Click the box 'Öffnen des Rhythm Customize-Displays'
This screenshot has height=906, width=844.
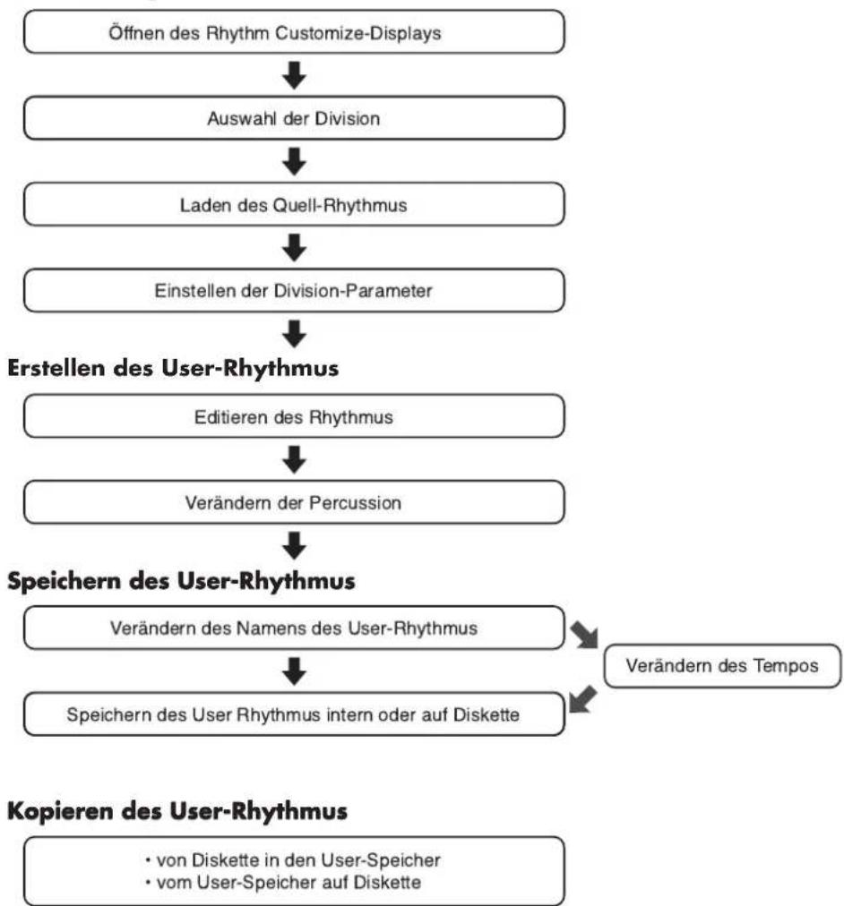[294, 31]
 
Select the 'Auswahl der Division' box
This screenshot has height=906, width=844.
[294, 118]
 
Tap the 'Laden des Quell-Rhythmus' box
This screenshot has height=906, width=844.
[294, 204]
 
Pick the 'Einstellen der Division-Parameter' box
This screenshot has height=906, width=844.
[294, 290]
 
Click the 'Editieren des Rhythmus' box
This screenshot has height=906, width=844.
[294, 416]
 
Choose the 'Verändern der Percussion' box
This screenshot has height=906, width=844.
[294, 502]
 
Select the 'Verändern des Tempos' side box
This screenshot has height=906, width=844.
[722, 666]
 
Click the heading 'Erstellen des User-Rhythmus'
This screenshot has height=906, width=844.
[173, 368]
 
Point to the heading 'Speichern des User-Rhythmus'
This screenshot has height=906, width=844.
[181, 581]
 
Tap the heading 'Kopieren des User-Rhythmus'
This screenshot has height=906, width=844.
[177, 811]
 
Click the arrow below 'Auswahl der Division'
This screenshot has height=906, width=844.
[294, 161]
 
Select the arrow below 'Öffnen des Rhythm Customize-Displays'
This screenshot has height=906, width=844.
[294, 75]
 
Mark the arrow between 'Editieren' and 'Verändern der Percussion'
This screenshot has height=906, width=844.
[294, 459]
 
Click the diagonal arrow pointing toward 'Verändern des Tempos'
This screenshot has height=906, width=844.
[584, 635]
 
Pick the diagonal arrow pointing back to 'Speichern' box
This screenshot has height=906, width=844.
[582, 699]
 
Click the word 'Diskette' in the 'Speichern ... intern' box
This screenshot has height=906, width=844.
[487, 714]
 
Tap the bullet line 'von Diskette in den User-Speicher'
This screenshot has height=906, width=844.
[292, 859]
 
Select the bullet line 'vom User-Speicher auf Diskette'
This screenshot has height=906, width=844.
[283, 883]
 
